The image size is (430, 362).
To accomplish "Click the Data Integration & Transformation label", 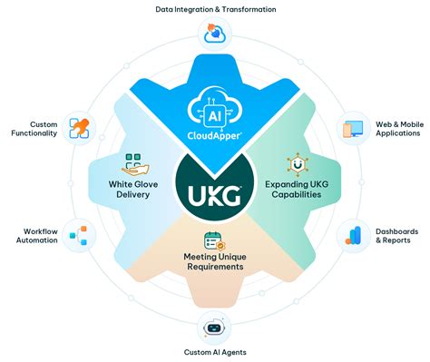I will click(215, 9).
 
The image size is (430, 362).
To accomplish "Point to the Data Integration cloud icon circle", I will click(215, 35).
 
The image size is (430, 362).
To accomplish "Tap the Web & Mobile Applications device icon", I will click(351, 128).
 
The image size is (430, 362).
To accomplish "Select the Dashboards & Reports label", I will click(397, 237).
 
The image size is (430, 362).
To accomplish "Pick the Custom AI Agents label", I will click(215, 352).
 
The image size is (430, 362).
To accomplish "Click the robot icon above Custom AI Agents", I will click(215, 328).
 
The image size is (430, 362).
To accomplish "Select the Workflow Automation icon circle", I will click(78, 237).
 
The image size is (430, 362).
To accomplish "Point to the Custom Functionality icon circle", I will click(78, 128).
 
